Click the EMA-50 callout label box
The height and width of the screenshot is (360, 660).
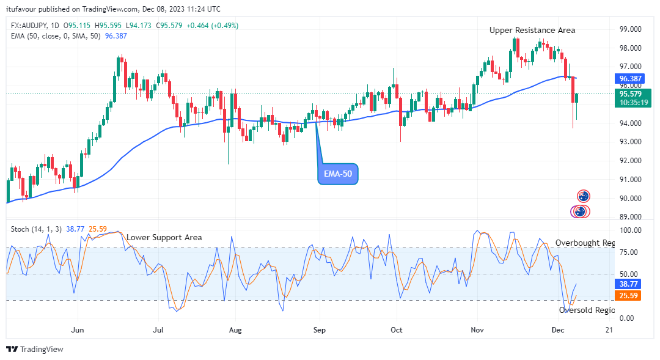coord(337,174)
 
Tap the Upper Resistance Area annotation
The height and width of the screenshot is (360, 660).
coord(532,31)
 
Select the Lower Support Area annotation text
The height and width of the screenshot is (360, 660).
coord(164,238)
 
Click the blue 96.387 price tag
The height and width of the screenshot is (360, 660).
coord(630,79)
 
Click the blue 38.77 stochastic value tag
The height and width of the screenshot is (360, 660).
coord(628,284)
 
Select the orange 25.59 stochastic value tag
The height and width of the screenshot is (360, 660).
coord(628,296)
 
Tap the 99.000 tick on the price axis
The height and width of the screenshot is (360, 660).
coord(631,29)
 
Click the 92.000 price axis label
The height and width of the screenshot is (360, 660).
coord(631,160)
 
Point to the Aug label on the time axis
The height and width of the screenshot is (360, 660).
coord(235,330)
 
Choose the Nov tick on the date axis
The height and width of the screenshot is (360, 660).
coord(477,329)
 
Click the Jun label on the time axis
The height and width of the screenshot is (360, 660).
coord(78,329)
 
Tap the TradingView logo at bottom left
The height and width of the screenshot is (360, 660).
coord(35,349)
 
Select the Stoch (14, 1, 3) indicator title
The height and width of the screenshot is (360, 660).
coord(36,229)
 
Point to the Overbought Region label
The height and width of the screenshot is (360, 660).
coord(585,243)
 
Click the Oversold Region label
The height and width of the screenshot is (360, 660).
coord(587,310)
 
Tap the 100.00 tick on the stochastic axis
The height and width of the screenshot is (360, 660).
coord(631,230)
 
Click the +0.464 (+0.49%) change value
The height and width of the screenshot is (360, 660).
coord(212,26)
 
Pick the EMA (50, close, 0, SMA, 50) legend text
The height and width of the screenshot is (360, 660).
coord(56,36)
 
